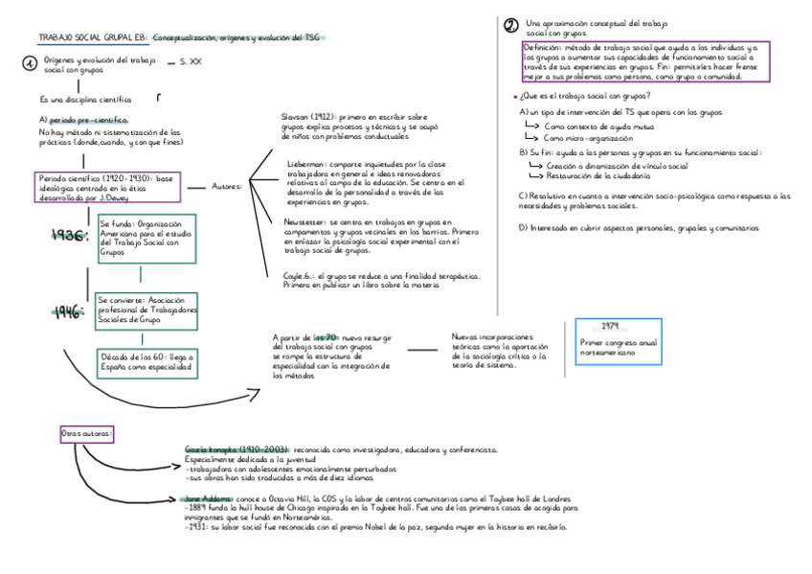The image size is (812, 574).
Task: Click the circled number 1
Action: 30,64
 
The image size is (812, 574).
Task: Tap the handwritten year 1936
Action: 70,237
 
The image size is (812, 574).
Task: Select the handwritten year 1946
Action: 69,310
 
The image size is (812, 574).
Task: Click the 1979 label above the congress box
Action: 611,326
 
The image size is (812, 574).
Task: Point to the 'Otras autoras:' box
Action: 87,434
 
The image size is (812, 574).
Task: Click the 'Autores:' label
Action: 227,186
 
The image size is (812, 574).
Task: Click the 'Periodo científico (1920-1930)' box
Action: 105,186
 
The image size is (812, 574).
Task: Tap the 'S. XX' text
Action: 191,62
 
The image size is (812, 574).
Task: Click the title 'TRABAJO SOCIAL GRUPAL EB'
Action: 92,38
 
